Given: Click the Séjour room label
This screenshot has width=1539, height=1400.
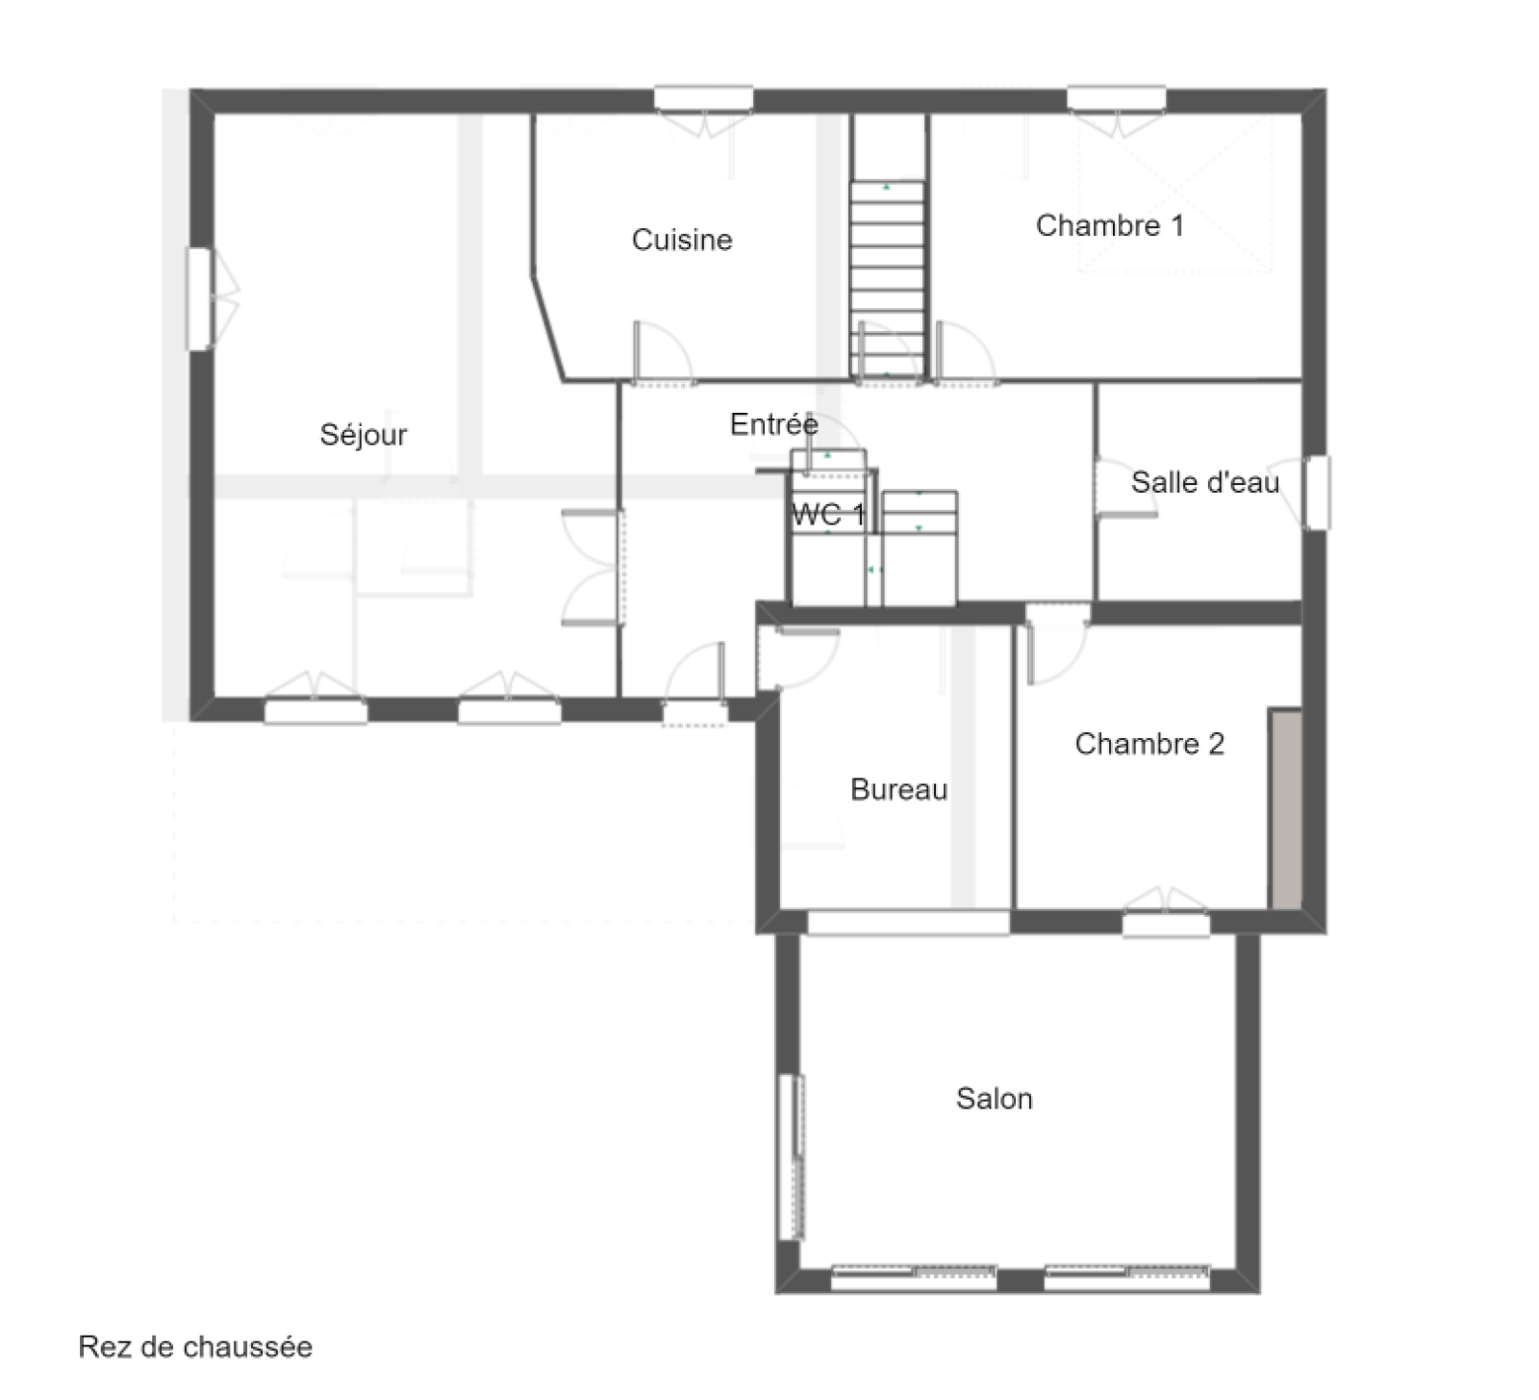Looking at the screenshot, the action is pos(364,435).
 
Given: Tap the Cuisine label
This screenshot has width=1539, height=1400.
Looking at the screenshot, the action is pos(682,240).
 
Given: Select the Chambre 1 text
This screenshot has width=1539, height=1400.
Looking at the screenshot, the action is pos(1109,225).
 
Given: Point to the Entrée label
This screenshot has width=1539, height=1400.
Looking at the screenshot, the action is pos(774,423).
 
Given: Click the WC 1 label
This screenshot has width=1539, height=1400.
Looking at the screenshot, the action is pos(828,514).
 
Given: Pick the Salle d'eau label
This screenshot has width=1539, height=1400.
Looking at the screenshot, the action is pos(1204,482).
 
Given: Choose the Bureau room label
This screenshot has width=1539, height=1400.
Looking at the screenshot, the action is pos(899,790).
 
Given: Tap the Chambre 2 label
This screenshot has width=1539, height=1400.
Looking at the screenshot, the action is pos(1149,744).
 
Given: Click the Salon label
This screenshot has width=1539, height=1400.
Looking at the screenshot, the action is pos(995,1099).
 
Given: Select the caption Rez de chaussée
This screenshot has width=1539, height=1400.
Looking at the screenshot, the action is pos(195,1346).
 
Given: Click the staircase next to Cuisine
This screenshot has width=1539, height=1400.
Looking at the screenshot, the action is pos(887,279).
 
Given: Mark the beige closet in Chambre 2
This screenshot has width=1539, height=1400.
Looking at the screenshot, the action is pos(1285,808).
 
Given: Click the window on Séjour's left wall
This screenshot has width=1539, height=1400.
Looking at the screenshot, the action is pos(199,299).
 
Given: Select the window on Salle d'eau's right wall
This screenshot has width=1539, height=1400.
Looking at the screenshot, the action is pos(1317,493).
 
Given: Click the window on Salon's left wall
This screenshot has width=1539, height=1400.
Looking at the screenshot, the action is pos(790,1158).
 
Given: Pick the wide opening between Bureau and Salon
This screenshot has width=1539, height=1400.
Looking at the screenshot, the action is pos(908,922).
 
